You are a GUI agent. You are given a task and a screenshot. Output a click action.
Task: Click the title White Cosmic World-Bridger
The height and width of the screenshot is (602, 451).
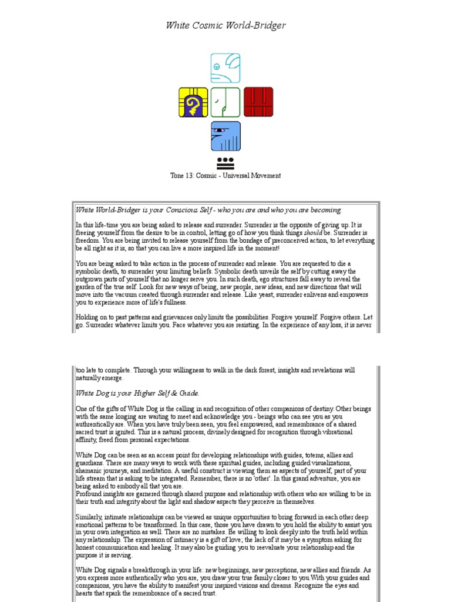coord(225,25)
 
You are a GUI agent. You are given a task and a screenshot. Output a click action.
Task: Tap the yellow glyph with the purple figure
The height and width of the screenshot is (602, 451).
coord(193,102)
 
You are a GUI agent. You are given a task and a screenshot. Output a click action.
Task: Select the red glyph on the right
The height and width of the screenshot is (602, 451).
coord(258,102)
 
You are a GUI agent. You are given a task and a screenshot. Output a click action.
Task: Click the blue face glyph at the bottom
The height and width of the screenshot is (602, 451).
coord(225,136)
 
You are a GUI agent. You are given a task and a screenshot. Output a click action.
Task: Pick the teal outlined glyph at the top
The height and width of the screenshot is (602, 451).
coord(225,68)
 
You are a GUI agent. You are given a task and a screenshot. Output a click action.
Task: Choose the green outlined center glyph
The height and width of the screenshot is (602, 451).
coord(225,102)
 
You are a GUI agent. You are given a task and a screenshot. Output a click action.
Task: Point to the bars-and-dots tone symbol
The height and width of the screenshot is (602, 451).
coord(225,162)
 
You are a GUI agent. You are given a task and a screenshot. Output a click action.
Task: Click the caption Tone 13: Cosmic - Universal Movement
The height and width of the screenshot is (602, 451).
coord(225,175)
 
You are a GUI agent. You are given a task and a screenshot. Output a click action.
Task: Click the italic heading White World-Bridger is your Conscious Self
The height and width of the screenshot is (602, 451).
coord(208,210)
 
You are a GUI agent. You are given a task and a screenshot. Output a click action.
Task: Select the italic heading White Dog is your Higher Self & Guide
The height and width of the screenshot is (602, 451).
coord(137,393)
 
